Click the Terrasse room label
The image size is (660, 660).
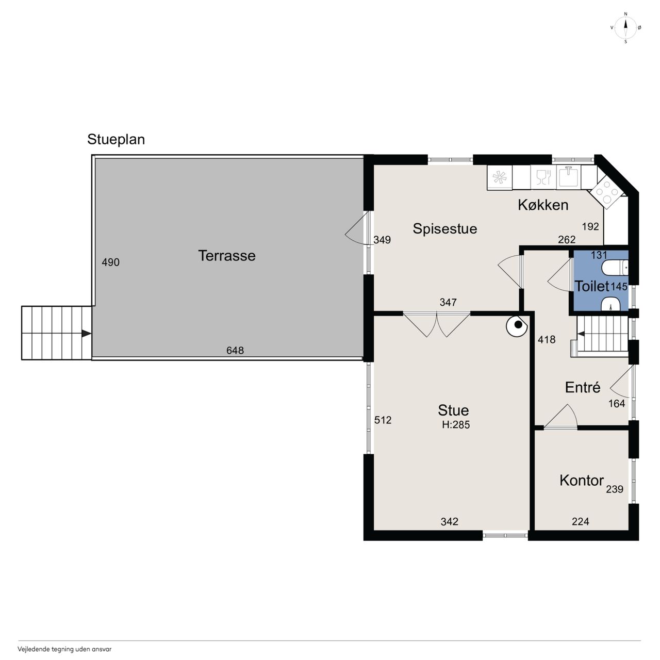[x=227, y=256]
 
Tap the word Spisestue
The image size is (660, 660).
[x=444, y=229]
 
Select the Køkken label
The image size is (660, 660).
[x=543, y=205]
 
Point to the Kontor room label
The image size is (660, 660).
[x=582, y=481]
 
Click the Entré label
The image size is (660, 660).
[x=583, y=387]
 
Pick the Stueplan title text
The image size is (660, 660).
[x=116, y=139]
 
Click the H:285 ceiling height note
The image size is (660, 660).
[x=456, y=425]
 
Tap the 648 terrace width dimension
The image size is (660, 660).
[x=235, y=351]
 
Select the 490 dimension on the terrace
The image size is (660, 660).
[x=111, y=262]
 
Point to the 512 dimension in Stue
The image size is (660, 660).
[x=383, y=420]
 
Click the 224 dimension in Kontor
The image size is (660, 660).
[x=581, y=521]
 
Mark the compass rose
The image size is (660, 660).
[x=625, y=28]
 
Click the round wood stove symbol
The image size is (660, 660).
[x=517, y=325]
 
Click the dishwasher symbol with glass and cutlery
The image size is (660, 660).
[x=543, y=177]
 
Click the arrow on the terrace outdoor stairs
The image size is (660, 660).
[x=86, y=333]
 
